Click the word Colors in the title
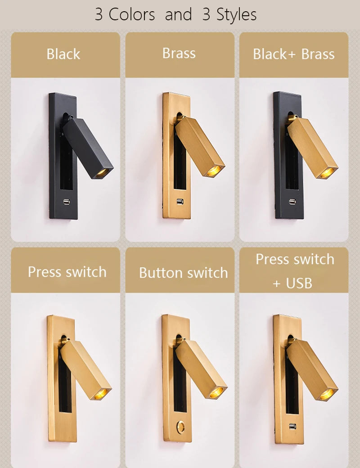point(132,14)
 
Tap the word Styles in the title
point(236,15)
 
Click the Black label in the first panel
point(63,54)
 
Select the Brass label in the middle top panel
point(179,54)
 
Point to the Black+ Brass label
point(294,54)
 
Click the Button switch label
point(183,273)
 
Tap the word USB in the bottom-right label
point(299,283)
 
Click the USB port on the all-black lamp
point(67,202)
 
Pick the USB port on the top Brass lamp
point(180,202)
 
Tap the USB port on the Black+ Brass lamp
point(292,202)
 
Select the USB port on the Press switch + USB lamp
point(292,426)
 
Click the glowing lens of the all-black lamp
point(103,172)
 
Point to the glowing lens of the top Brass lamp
point(214,170)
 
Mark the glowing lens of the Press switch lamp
point(101,394)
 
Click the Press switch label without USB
point(67,272)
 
